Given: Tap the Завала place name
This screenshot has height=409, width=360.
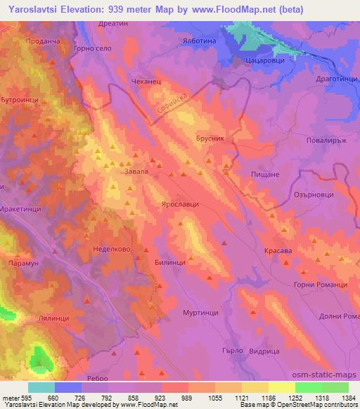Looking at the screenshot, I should (136, 171).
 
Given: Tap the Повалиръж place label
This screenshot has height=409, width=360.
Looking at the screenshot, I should (328, 140).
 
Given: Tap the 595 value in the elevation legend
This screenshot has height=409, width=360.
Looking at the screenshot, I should (25, 397).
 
